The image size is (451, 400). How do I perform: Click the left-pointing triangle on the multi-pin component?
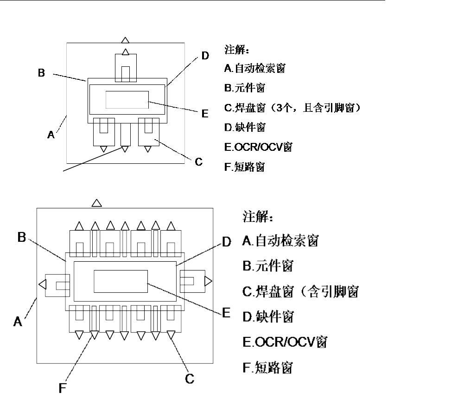click(x=42, y=284)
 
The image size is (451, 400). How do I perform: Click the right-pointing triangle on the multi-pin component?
click(x=208, y=281)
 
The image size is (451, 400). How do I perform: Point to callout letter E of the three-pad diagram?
click(x=204, y=113)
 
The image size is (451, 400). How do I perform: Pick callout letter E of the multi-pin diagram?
click(x=226, y=312)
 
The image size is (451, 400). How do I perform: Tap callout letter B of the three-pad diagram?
click(x=42, y=73)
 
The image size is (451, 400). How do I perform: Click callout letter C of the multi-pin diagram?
click(x=190, y=379)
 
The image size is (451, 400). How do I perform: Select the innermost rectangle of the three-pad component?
click(x=127, y=100)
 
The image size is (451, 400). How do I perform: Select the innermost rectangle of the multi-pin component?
click(x=121, y=281)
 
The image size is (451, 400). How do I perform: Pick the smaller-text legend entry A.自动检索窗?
click(x=254, y=69)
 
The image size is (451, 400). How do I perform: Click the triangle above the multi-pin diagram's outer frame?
click(x=96, y=202)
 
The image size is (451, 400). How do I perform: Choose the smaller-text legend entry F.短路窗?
click(x=244, y=168)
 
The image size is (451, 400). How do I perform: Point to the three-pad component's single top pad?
click(x=126, y=68)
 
